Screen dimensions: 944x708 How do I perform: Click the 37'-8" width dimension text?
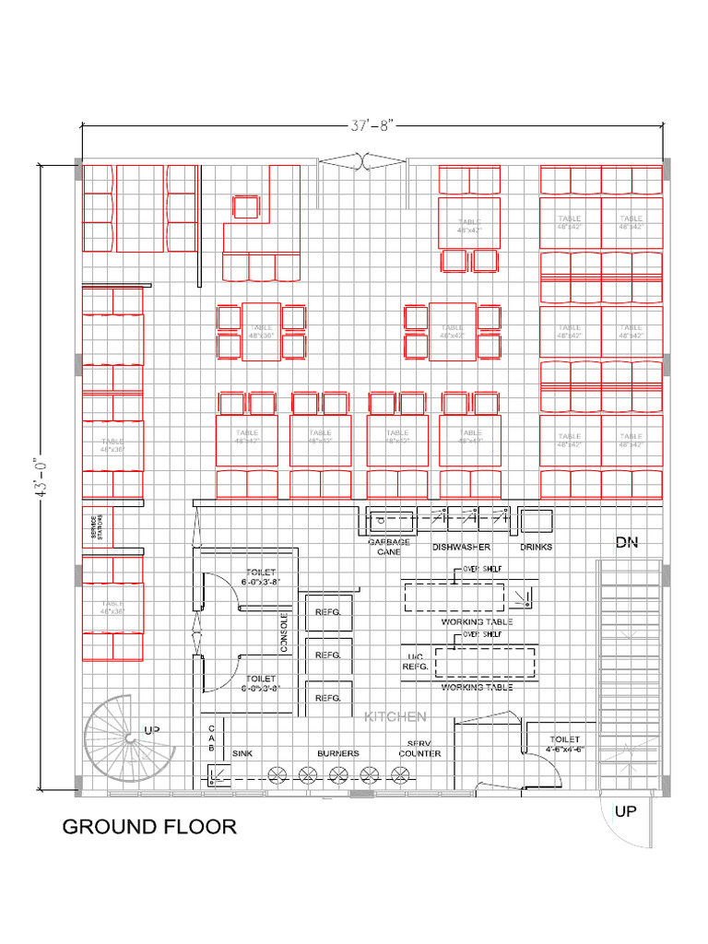pyautogui.click(x=372, y=127)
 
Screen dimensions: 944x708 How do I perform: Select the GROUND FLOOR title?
pyautogui.click(x=149, y=827)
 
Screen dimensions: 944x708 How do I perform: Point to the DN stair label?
pyautogui.click(x=627, y=544)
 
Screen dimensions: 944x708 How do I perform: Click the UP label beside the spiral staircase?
pyautogui.click(x=154, y=730)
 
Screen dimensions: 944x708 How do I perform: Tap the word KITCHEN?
pyautogui.click(x=395, y=716)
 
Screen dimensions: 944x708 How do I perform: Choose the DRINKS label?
pyautogui.click(x=537, y=547)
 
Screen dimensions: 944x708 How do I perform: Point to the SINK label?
pyautogui.click(x=242, y=753)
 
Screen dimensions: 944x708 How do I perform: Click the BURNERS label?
pyautogui.click(x=337, y=753)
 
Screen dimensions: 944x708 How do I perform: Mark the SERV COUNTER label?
pyautogui.click(x=419, y=749)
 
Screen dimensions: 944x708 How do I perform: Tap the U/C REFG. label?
pyautogui.click(x=417, y=662)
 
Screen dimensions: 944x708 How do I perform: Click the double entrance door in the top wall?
pyautogui.click(x=363, y=162)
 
